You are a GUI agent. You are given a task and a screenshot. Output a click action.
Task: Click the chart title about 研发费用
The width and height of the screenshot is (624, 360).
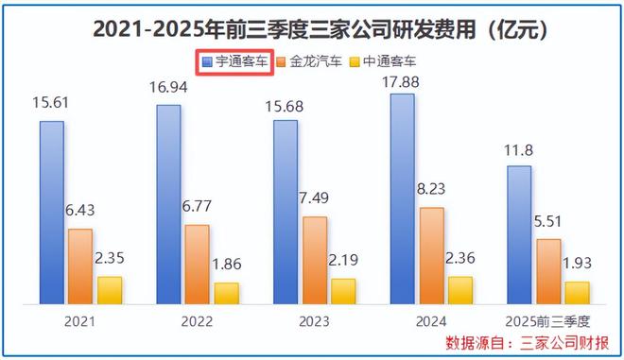point(312,29)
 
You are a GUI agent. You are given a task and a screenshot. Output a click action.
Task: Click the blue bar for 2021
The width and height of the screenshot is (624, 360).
point(52,213)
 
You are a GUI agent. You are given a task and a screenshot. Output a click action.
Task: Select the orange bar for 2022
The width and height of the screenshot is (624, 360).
point(197,265)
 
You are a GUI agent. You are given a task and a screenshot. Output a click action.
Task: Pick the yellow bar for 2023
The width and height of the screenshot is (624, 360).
point(344,291)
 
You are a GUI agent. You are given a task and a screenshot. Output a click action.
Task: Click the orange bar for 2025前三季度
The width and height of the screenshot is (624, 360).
point(547,271)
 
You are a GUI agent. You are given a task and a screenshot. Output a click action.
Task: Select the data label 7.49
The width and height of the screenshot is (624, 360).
point(315,202)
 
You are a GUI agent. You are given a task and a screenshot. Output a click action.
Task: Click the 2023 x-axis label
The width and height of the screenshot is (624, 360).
point(314,320)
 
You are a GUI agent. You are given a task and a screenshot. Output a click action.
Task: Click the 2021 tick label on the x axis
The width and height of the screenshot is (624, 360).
point(80,320)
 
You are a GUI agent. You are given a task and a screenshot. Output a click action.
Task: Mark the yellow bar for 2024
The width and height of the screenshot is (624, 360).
point(460,290)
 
